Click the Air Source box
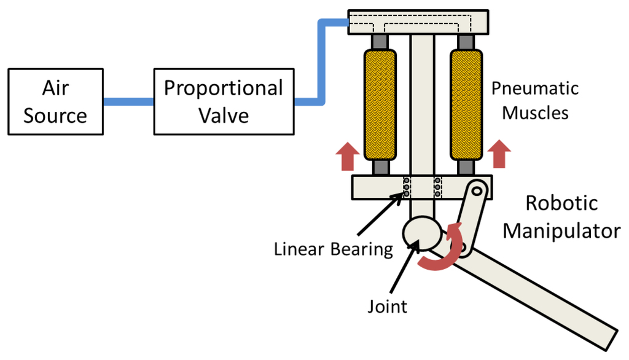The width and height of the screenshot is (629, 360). (x=55, y=101)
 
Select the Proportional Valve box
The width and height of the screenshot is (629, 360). (x=223, y=101)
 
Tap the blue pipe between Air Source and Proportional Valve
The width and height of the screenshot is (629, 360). (x=128, y=101)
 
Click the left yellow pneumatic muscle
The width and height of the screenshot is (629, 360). (x=380, y=104)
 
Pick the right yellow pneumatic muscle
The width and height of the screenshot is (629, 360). (x=466, y=104)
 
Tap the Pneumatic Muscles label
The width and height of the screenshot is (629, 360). (x=535, y=100)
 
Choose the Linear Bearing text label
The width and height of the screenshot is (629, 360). (x=333, y=249)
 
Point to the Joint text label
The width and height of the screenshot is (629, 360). (x=387, y=305)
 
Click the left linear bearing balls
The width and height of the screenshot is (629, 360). (x=406, y=187)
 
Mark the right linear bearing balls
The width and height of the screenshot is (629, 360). (x=437, y=187)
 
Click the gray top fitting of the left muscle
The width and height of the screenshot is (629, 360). (x=380, y=42)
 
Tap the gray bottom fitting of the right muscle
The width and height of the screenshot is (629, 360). (x=466, y=167)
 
